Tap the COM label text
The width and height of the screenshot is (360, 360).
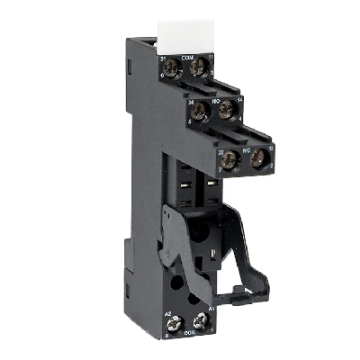[x=188, y=58]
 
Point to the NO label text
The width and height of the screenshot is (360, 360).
[x=216, y=103]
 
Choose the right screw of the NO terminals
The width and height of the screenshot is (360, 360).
[x=228, y=112]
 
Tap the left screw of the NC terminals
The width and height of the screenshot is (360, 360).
[x=230, y=160]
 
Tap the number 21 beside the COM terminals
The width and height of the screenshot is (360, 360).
[x=165, y=59]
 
